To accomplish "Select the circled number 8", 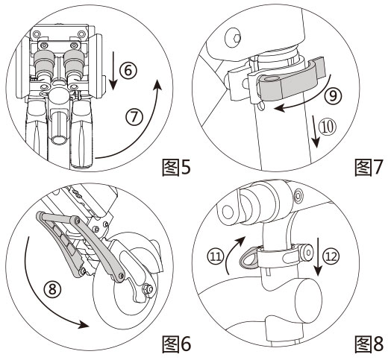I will (51, 290).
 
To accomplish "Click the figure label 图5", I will (176, 168).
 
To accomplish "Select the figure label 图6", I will (176, 344).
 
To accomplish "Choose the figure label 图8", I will (369, 344).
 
